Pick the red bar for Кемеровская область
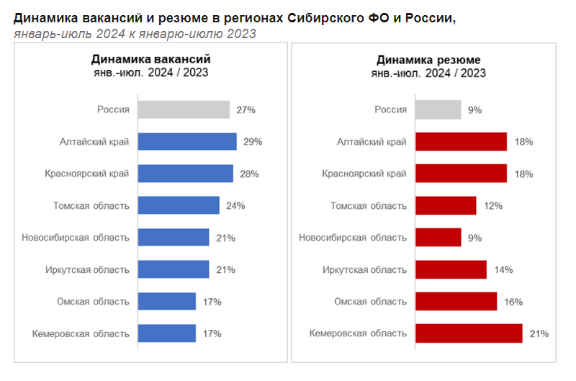pyautogui.click(x=468, y=333)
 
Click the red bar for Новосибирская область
pyautogui.click(x=438, y=237)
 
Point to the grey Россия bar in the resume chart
pyautogui.click(x=438, y=109)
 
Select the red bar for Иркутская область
pyautogui.click(x=451, y=269)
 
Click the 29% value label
pyautogui.click(x=253, y=142)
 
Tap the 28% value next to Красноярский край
pyautogui.click(x=249, y=174)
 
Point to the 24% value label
pyautogui.click(x=235, y=205)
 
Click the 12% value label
pyautogui.click(x=492, y=205)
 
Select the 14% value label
pyautogui.click(x=503, y=269)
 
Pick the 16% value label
pyautogui.click(x=513, y=301)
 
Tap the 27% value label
pyautogui.click(x=246, y=109)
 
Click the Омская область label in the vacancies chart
pyautogui.click(x=93, y=301)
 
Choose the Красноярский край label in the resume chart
pyautogui.click(x=366, y=174)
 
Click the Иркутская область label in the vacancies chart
pyautogui.click(x=86, y=269)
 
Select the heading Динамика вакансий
pyautogui.click(x=150, y=60)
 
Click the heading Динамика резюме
pyautogui.click(x=428, y=60)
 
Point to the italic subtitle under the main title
pyautogui.click(x=135, y=34)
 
